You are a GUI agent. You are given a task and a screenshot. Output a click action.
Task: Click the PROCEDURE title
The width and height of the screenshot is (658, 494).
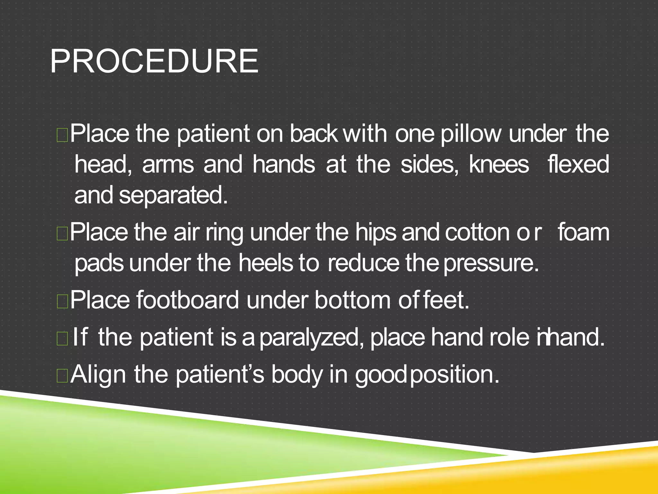(154, 61)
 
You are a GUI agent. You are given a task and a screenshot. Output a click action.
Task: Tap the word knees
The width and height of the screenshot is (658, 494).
(499, 164)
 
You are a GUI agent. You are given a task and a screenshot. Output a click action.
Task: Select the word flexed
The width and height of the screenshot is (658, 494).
(578, 164)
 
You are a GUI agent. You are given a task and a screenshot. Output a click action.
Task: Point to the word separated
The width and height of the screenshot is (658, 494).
(173, 196)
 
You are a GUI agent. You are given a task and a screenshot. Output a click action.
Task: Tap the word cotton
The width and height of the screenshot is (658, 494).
(478, 232)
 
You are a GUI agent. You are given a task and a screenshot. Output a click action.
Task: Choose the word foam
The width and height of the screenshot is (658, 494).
(583, 232)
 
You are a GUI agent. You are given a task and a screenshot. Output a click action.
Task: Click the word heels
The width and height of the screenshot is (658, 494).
(266, 263)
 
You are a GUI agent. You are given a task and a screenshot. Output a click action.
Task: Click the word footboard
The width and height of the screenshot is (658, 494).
(188, 300)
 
